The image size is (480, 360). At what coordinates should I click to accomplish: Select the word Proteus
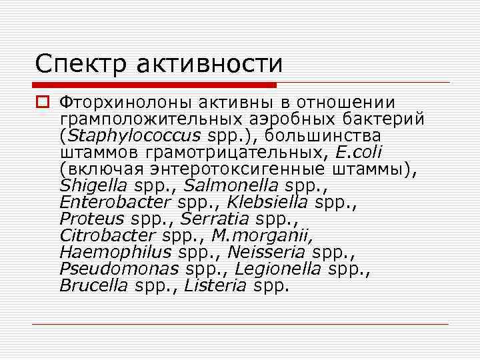(91, 219)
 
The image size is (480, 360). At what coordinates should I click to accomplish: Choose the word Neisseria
(266, 253)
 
